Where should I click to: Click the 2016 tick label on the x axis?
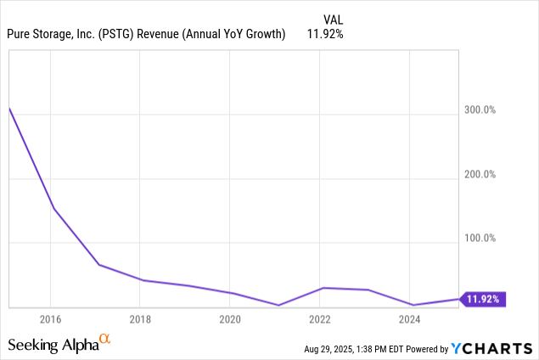point(50,319)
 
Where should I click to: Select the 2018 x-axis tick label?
point(140,319)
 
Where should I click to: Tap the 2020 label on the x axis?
point(230,319)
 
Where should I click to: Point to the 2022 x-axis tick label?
point(320,319)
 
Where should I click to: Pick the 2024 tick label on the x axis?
point(410,319)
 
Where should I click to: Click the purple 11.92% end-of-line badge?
point(484,299)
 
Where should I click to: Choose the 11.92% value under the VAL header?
point(326,34)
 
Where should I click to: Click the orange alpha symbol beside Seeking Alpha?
point(105,340)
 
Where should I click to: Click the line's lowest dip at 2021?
point(278,305)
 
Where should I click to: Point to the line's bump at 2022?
point(323,288)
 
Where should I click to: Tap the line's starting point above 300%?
point(9,108)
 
